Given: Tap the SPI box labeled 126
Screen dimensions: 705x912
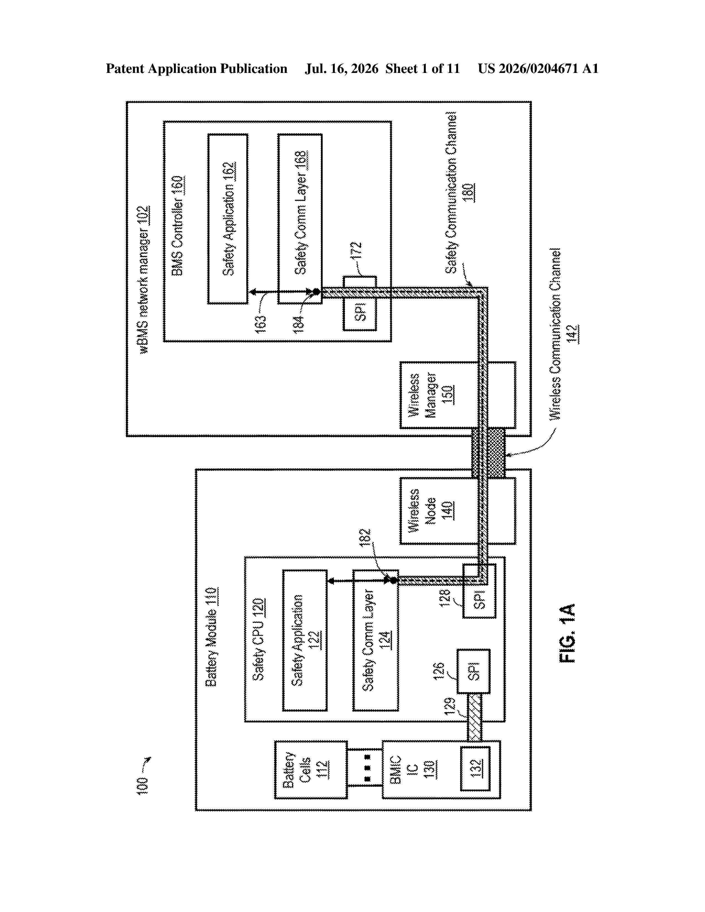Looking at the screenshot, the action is pos(473,671).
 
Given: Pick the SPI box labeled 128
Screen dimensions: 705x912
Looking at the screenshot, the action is pos(479,591).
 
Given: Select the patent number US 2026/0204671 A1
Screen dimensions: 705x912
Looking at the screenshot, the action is pos(538,69).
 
